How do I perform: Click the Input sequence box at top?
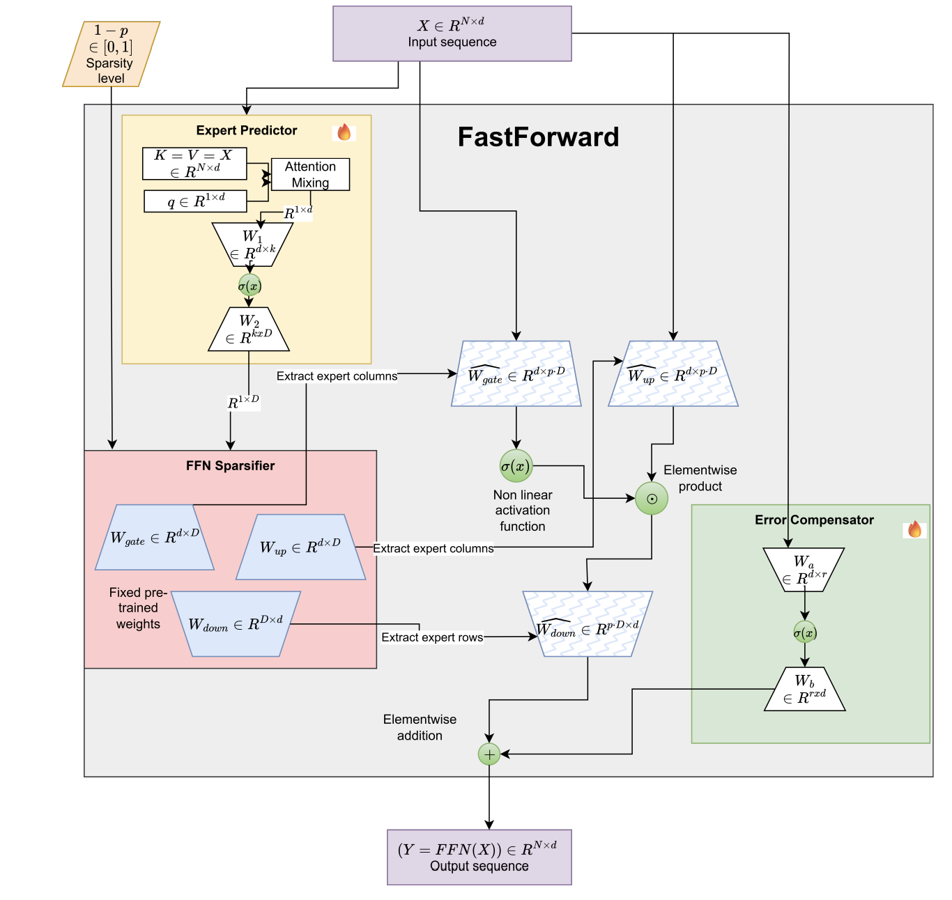click(452, 33)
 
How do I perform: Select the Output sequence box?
click(479, 857)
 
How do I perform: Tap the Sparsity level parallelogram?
click(111, 54)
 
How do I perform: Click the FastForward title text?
click(538, 137)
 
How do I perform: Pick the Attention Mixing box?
click(310, 174)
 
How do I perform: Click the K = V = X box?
click(194, 164)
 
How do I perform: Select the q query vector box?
click(195, 201)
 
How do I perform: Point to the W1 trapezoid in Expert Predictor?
click(252, 245)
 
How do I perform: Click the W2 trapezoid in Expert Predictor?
click(249, 329)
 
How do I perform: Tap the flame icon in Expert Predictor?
click(344, 132)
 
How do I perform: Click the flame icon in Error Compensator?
click(914, 529)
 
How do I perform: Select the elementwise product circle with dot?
click(652, 499)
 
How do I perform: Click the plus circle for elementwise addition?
click(489, 754)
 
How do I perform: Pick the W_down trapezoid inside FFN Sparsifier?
click(236, 624)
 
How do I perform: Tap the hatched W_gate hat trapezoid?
click(516, 374)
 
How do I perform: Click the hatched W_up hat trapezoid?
click(673, 374)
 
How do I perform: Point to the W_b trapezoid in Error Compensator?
click(804, 690)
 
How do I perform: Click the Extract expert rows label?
click(432, 637)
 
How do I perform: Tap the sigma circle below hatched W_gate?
click(516, 466)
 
